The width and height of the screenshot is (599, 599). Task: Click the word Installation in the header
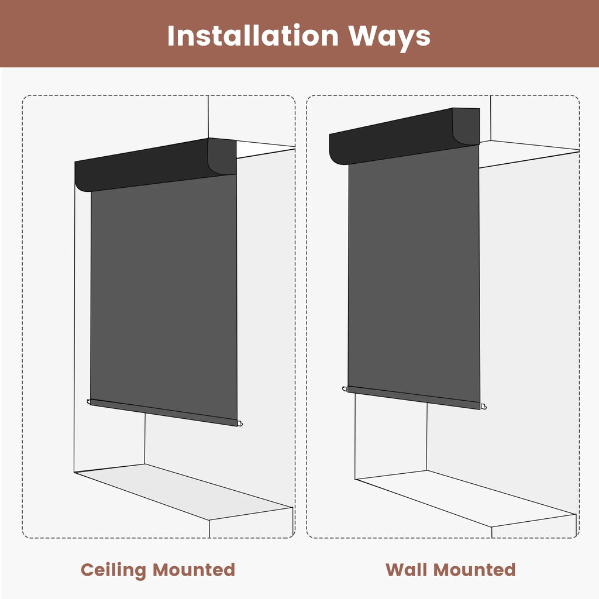tap(253, 36)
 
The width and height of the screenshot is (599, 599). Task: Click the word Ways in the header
tap(389, 36)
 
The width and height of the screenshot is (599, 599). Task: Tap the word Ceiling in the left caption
tap(113, 570)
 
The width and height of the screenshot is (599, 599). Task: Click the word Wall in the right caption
tap(407, 570)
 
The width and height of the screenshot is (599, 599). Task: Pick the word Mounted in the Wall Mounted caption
tap(475, 570)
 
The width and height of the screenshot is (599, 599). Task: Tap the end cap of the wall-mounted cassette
tap(467, 126)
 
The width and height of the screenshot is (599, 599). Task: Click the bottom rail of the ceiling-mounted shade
tap(164, 412)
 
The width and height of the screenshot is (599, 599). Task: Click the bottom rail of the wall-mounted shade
tap(414, 398)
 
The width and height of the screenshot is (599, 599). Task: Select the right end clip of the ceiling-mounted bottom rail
tap(240, 424)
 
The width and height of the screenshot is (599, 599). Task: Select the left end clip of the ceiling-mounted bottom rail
tap(89, 401)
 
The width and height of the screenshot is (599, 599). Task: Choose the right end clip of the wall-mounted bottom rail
tap(484, 407)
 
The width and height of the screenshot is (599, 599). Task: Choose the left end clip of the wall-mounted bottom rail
tap(345, 389)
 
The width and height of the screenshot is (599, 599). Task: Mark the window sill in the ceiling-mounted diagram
tap(183, 491)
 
